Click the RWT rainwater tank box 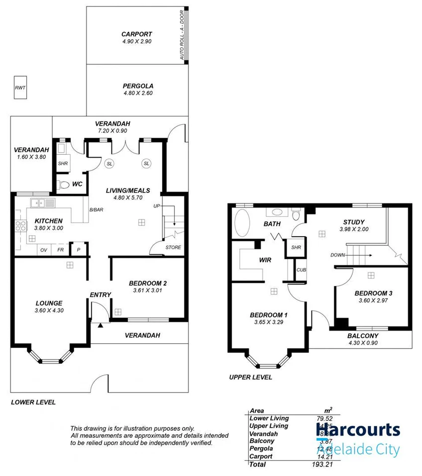(x=20, y=88)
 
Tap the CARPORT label (x=136, y=34)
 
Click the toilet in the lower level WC (x=63, y=185)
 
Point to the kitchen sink (x=38, y=203)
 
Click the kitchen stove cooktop (x=21, y=226)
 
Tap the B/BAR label (x=96, y=210)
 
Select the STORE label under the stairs (x=173, y=247)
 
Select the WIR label (x=264, y=260)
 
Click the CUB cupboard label (x=301, y=270)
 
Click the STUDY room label (x=354, y=222)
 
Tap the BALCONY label (x=363, y=336)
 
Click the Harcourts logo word (x=357, y=429)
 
